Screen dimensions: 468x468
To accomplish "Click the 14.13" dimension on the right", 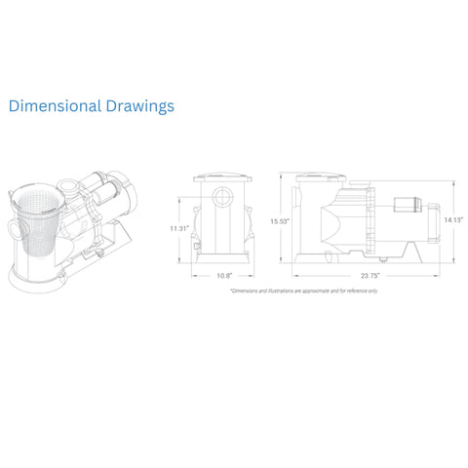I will coord(452,220).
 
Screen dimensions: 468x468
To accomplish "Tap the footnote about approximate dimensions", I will coord(304,291).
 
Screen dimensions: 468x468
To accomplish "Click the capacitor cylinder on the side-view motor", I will coord(402,207).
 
